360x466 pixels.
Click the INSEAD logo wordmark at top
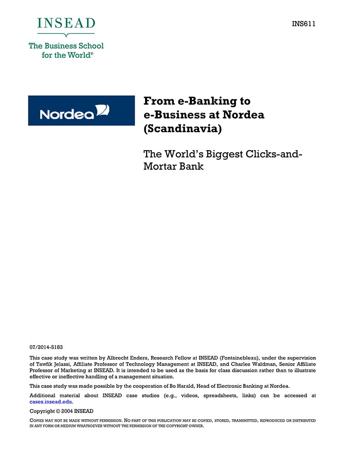click(x=66, y=24)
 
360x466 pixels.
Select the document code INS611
click(x=303, y=24)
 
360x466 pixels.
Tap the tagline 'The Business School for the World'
click(x=66, y=50)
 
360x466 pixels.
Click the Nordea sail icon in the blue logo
click(x=103, y=110)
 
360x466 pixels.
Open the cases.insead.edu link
click(x=50, y=402)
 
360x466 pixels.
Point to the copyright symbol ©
click(x=56, y=411)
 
